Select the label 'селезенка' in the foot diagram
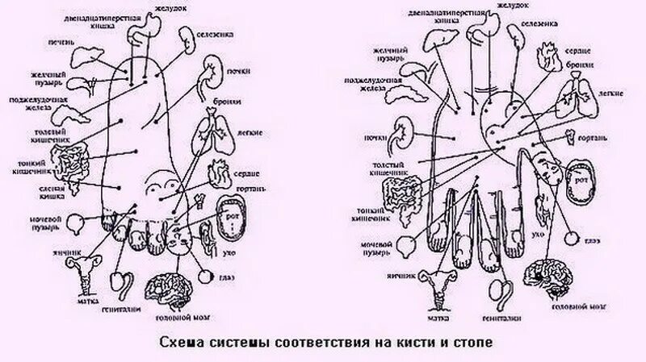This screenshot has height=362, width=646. [x=213, y=35]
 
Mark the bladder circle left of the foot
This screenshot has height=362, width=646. [x=77, y=221]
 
